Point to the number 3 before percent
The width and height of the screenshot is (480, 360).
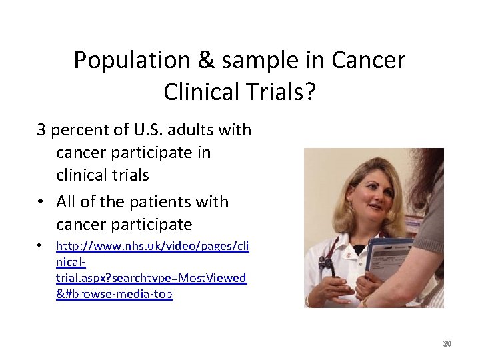tap(41, 129)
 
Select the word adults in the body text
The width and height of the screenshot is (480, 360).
tap(197, 129)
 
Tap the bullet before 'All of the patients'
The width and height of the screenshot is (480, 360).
tap(41, 201)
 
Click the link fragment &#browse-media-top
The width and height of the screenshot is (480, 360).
tap(114, 294)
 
